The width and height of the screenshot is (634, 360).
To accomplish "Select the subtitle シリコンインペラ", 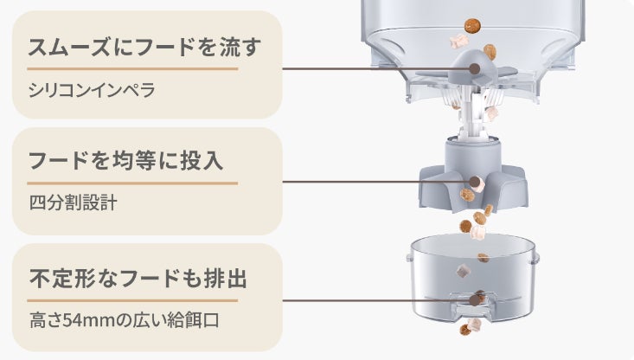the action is pyautogui.click(x=93, y=90).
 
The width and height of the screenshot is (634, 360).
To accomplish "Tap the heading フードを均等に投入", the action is pyautogui.click(x=131, y=162).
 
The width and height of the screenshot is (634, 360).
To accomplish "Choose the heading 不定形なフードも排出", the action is pyautogui.click(x=138, y=280).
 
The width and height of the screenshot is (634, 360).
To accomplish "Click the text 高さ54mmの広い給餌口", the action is pyautogui.click(x=125, y=320).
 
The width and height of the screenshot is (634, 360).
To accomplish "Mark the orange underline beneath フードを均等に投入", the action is pyautogui.click(x=132, y=183).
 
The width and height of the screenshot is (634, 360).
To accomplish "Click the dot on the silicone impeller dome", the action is pyautogui.click(x=476, y=68).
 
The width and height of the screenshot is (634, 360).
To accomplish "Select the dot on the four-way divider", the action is pyautogui.click(x=476, y=182).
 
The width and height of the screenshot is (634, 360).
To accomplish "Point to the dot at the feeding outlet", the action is pyautogui.click(x=476, y=300).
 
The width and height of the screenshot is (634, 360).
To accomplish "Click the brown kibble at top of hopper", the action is pyautogui.click(x=474, y=22).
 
